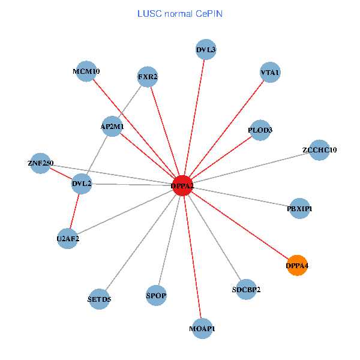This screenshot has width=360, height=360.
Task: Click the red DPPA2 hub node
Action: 182,185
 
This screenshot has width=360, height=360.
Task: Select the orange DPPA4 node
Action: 298,265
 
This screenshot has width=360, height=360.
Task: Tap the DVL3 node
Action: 206,49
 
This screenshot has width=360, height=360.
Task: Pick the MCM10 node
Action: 87,71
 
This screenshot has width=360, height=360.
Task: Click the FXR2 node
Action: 148,77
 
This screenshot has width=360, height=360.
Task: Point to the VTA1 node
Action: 270,73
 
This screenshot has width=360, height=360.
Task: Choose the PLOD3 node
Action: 260,130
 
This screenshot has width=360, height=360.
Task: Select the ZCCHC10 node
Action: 320,150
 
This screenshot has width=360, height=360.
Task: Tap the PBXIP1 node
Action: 299,208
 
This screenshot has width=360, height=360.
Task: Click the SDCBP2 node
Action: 246,289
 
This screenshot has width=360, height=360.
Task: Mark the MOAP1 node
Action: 202,328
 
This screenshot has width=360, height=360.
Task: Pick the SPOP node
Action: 156,295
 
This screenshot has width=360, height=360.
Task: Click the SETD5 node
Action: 100,298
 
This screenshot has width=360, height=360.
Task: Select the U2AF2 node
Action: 68,238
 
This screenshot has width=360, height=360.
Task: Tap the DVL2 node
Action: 82,184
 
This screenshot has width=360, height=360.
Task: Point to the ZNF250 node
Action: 41,163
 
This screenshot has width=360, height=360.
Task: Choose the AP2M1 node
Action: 112,127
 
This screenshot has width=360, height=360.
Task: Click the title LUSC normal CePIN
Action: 180,13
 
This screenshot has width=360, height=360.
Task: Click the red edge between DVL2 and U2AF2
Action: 75,211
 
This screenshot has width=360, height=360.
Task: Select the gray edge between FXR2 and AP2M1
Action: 130,101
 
